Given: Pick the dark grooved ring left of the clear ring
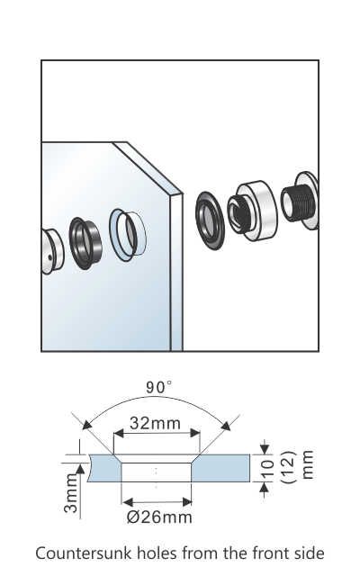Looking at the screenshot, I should [x=86, y=240].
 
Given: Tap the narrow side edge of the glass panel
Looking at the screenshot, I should [x=176, y=270].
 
